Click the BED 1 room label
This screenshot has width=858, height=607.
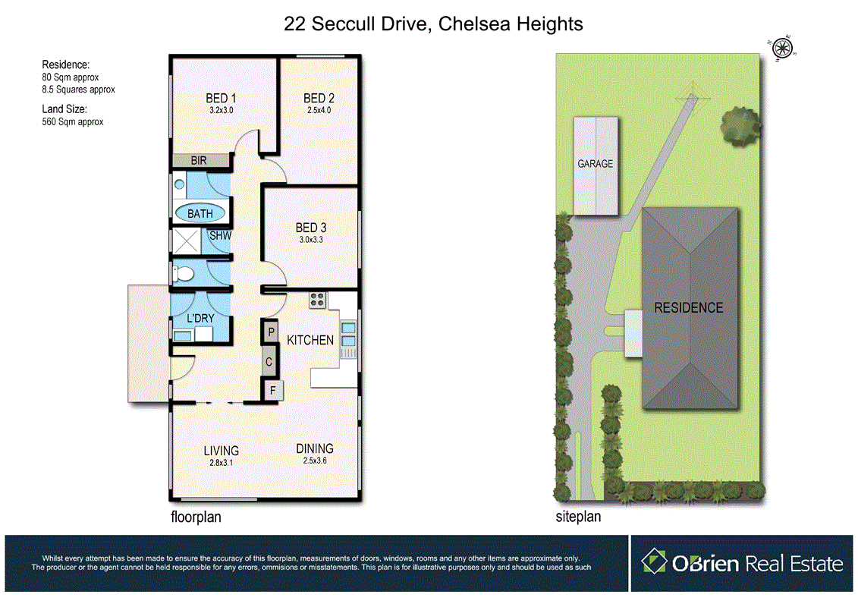[222, 99]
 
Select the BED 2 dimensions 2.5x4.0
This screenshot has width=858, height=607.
[319, 111]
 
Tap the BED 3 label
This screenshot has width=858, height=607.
[311, 228]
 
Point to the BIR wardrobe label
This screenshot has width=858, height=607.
[200, 161]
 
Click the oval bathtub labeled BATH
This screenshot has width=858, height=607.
[200, 214]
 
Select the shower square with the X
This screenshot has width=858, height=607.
[186, 242]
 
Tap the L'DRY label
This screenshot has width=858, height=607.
[200, 318]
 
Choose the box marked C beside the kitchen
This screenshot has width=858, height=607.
[269, 362]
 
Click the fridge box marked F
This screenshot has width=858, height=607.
[272, 391]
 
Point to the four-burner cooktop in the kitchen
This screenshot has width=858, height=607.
[317, 300]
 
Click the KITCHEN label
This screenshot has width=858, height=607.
[310, 340]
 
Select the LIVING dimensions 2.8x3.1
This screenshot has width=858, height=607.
[221, 461]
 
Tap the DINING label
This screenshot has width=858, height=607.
[315, 448]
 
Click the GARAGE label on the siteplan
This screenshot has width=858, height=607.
[596, 164]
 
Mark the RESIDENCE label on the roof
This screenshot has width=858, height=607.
[689, 307]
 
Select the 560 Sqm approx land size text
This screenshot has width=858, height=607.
[72, 121]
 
